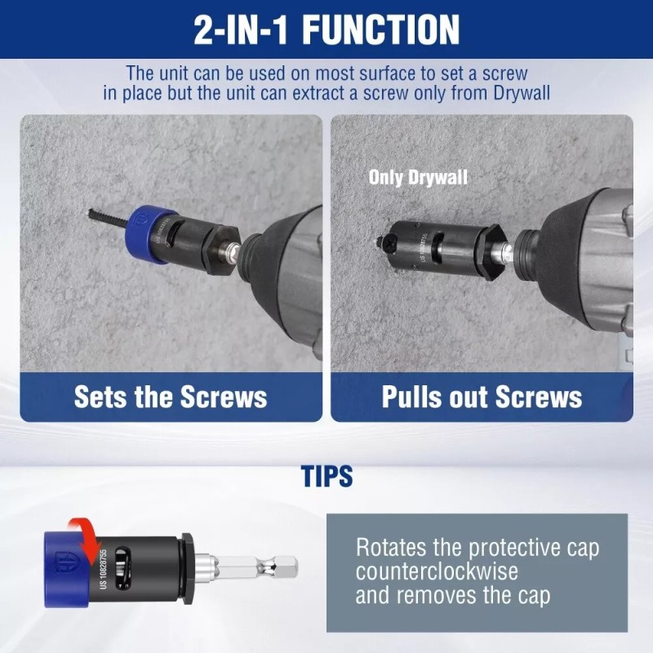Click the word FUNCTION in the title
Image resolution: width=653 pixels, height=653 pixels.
click(381, 30)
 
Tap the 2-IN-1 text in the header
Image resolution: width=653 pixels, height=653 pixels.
click(243, 30)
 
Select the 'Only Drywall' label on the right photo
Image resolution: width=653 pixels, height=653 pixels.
click(418, 177)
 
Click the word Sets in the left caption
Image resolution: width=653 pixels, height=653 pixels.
click(100, 397)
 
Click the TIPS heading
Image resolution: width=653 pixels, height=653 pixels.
click(327, 476)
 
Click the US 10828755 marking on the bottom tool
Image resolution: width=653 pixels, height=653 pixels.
click(104, 566)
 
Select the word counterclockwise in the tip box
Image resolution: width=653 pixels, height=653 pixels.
click(437, 571)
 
